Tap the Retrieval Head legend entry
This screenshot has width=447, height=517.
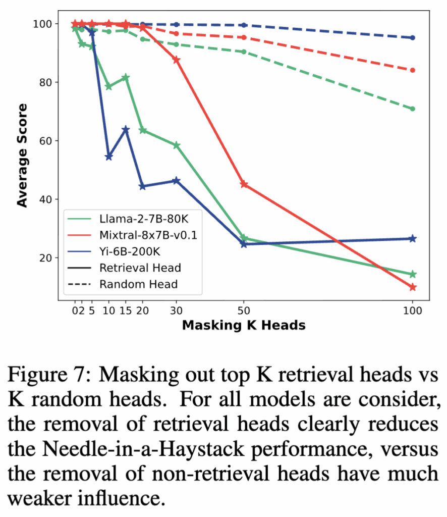[x=140, y=267]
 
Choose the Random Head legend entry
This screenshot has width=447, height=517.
[x=138, y=284]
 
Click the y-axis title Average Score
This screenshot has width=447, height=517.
[x=22, y=155]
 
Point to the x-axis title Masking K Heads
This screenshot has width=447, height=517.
[x=244, y=325]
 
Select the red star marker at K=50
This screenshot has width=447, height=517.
[x=244, y=184]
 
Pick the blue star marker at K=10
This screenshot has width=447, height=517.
[x=108, y=157]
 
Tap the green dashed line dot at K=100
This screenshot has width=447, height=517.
[x=413, y=109]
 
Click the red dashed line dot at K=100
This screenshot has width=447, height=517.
[x=413, y=70]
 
